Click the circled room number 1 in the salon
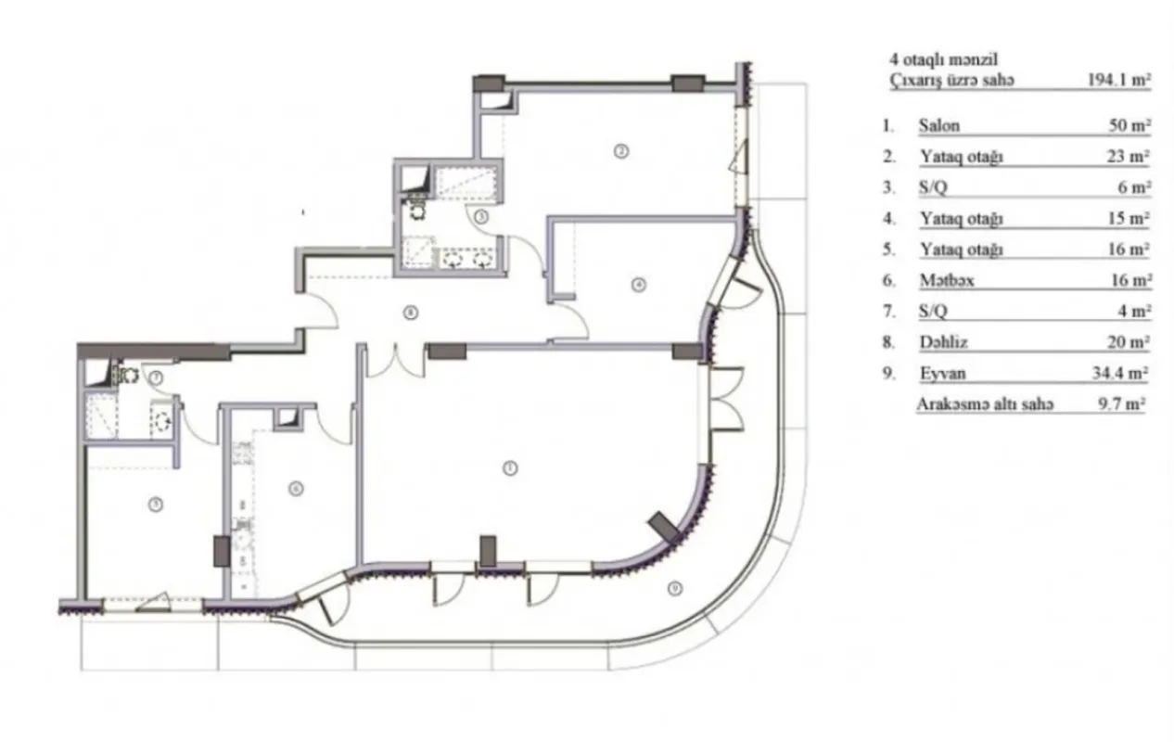[509, 468]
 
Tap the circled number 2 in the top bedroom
[621, 150]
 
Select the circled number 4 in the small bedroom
[637, 285]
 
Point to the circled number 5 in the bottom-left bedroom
[157, 504]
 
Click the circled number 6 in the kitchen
[295, 488]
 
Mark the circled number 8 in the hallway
[410, 313]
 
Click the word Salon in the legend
[938, 126]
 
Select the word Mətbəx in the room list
[943, 280]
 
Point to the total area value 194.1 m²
[1118, 80]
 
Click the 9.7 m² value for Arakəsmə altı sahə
[1121, 405]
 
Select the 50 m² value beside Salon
[1130, 126]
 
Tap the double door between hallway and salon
[395, 362]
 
